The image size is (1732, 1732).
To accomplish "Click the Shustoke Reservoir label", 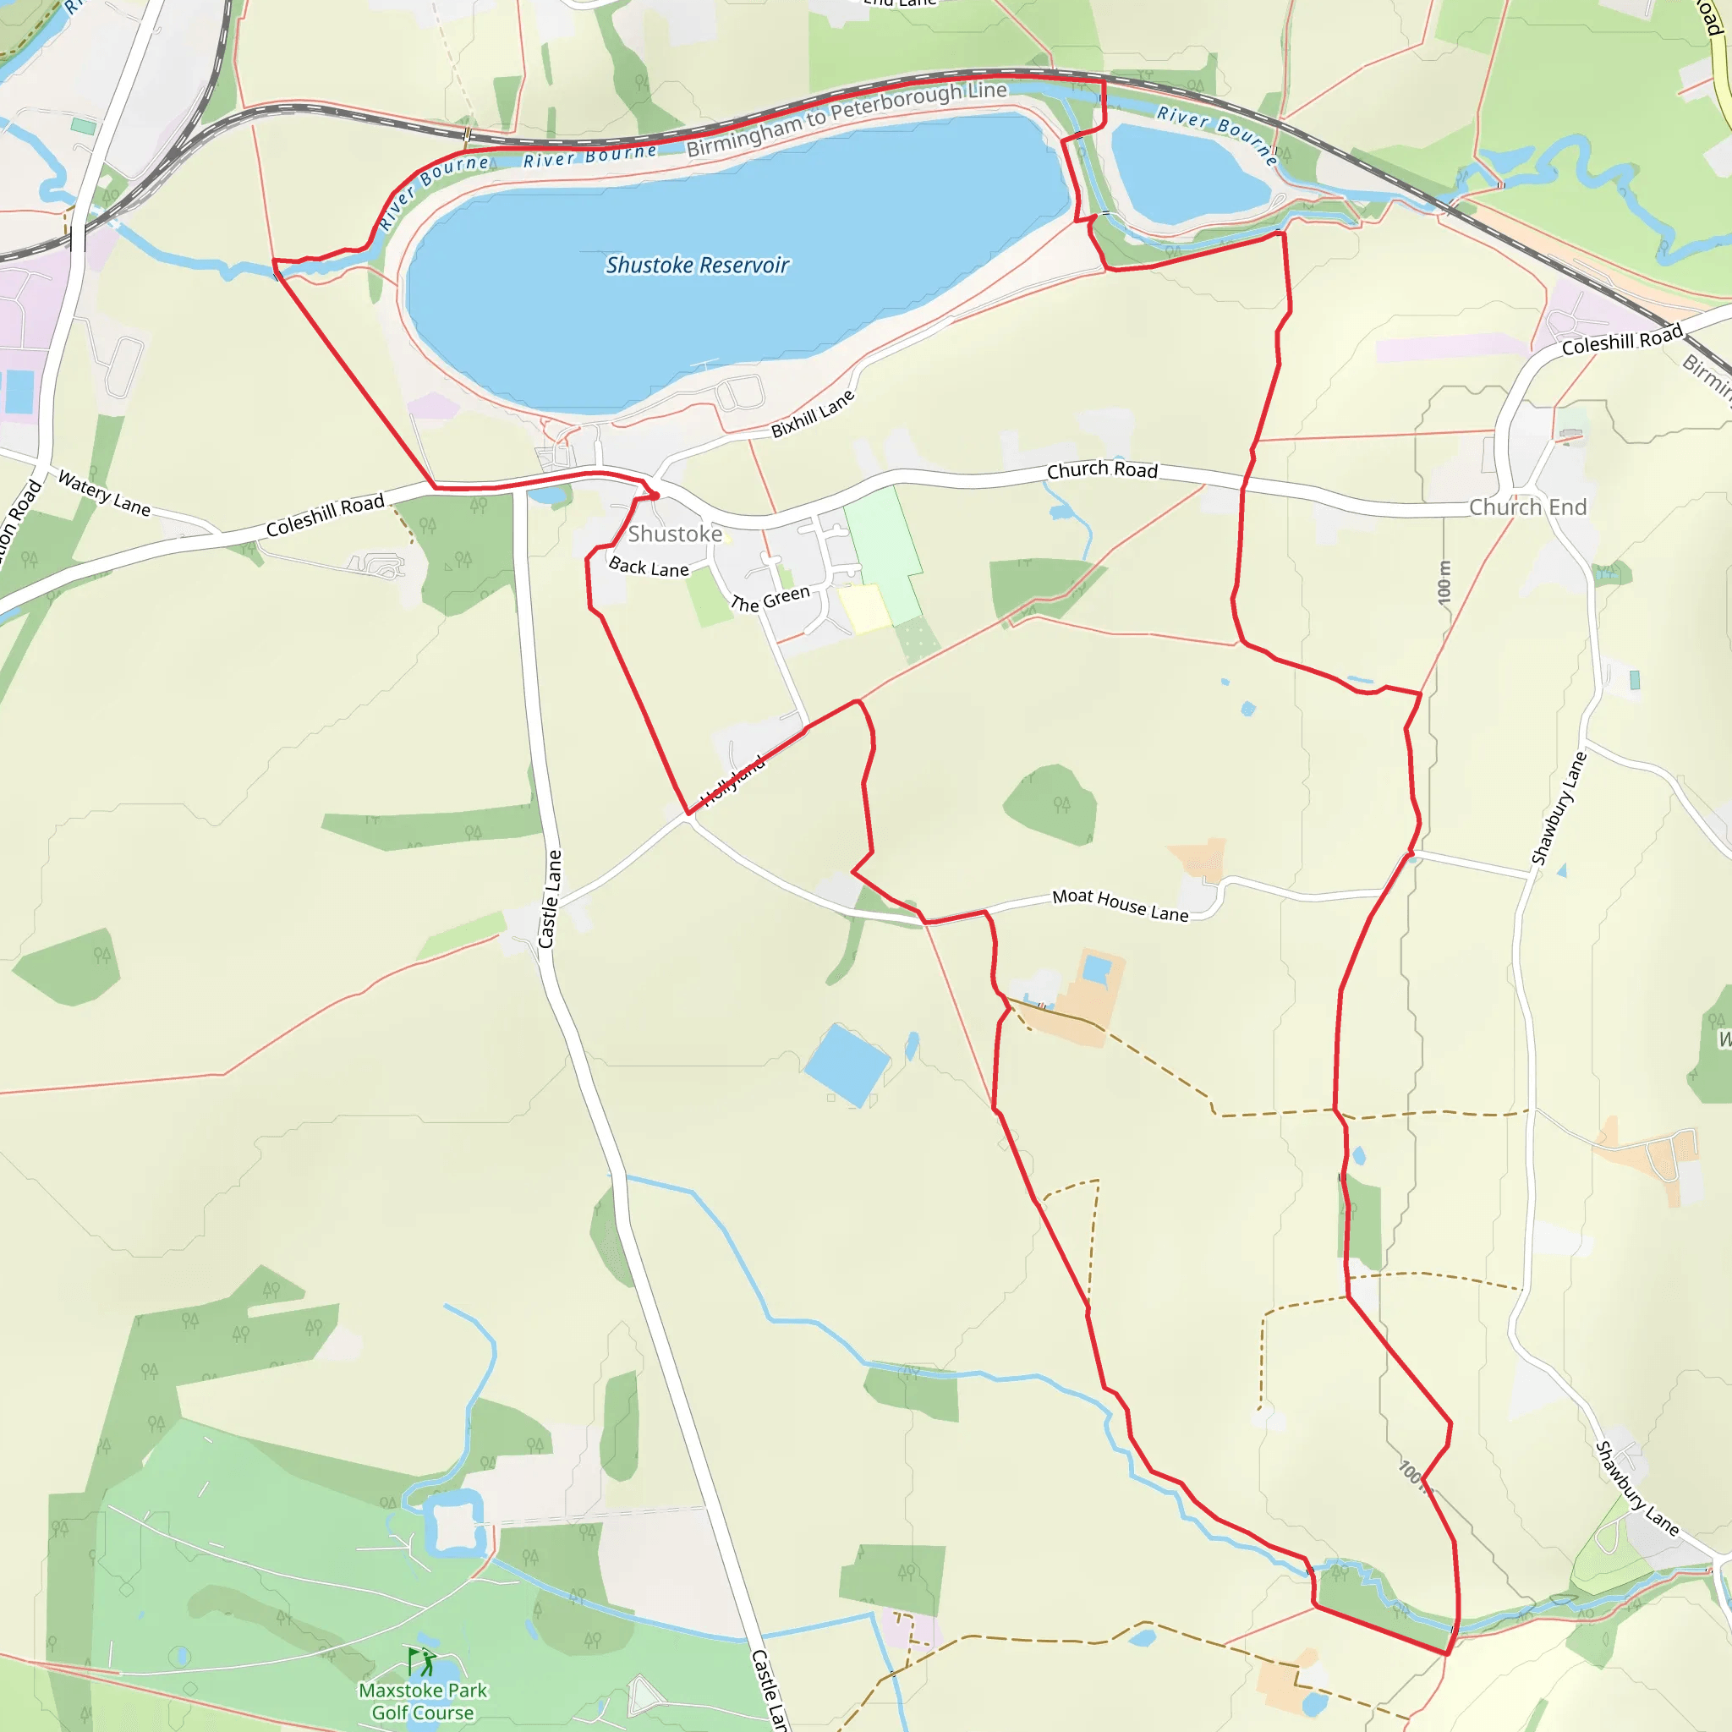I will tap(697, 266).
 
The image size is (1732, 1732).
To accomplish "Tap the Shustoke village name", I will tap(674, 534).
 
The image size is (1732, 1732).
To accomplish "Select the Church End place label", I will tap(1527, 507).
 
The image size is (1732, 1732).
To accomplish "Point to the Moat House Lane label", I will tap(1120, 905).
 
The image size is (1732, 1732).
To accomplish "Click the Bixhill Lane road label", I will tap(812, 414).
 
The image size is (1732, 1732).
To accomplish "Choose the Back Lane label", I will tap(648, 567).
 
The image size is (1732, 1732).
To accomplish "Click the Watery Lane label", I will tap(104, 494).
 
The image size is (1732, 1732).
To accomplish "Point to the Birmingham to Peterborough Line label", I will tap(847, 118).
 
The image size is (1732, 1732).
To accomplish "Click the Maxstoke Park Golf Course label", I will tap(423, 1701).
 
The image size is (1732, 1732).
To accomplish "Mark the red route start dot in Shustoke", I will tap(655, 496).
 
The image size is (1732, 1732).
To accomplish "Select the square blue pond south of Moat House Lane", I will tap(847, 1064).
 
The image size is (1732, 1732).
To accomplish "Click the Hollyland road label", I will tap(732, 781).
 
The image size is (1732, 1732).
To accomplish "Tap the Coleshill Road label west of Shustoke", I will tap(325, 516).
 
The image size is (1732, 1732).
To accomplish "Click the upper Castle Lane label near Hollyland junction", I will tap(550, 899).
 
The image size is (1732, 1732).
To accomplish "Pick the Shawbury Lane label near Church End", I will tap(1559, 808).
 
